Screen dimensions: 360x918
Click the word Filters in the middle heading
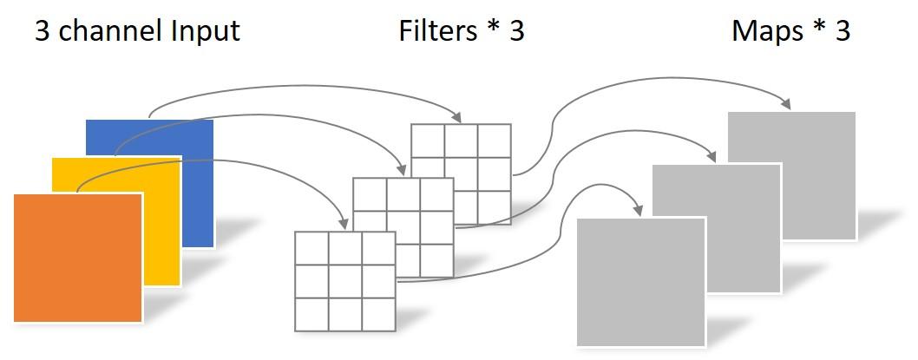[x=436, y=31]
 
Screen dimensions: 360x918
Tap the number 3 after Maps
[x=841, y=31]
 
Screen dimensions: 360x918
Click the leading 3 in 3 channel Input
[x=43, y=31]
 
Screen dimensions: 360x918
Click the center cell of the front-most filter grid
[x=345, y=281]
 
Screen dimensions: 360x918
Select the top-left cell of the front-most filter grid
[x=312, y=248]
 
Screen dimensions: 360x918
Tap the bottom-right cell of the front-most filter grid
[x=378, y=314]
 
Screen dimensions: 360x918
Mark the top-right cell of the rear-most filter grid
[x=494, y=141]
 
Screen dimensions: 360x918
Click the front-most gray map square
[x=641, y=282]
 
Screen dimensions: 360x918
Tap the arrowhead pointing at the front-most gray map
[x=639, y=210]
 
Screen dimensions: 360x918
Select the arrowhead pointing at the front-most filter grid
[x=341, y=224]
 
